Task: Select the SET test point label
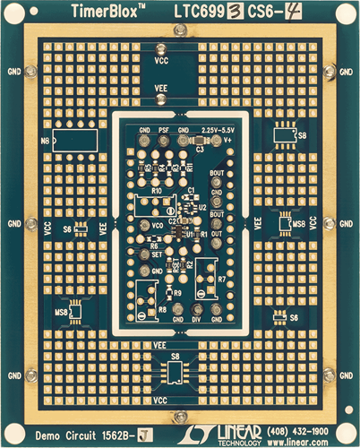click(158, 254)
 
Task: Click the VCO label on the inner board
click(158, 224)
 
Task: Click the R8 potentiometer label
click(162, 309)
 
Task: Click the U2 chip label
click(202, 206)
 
